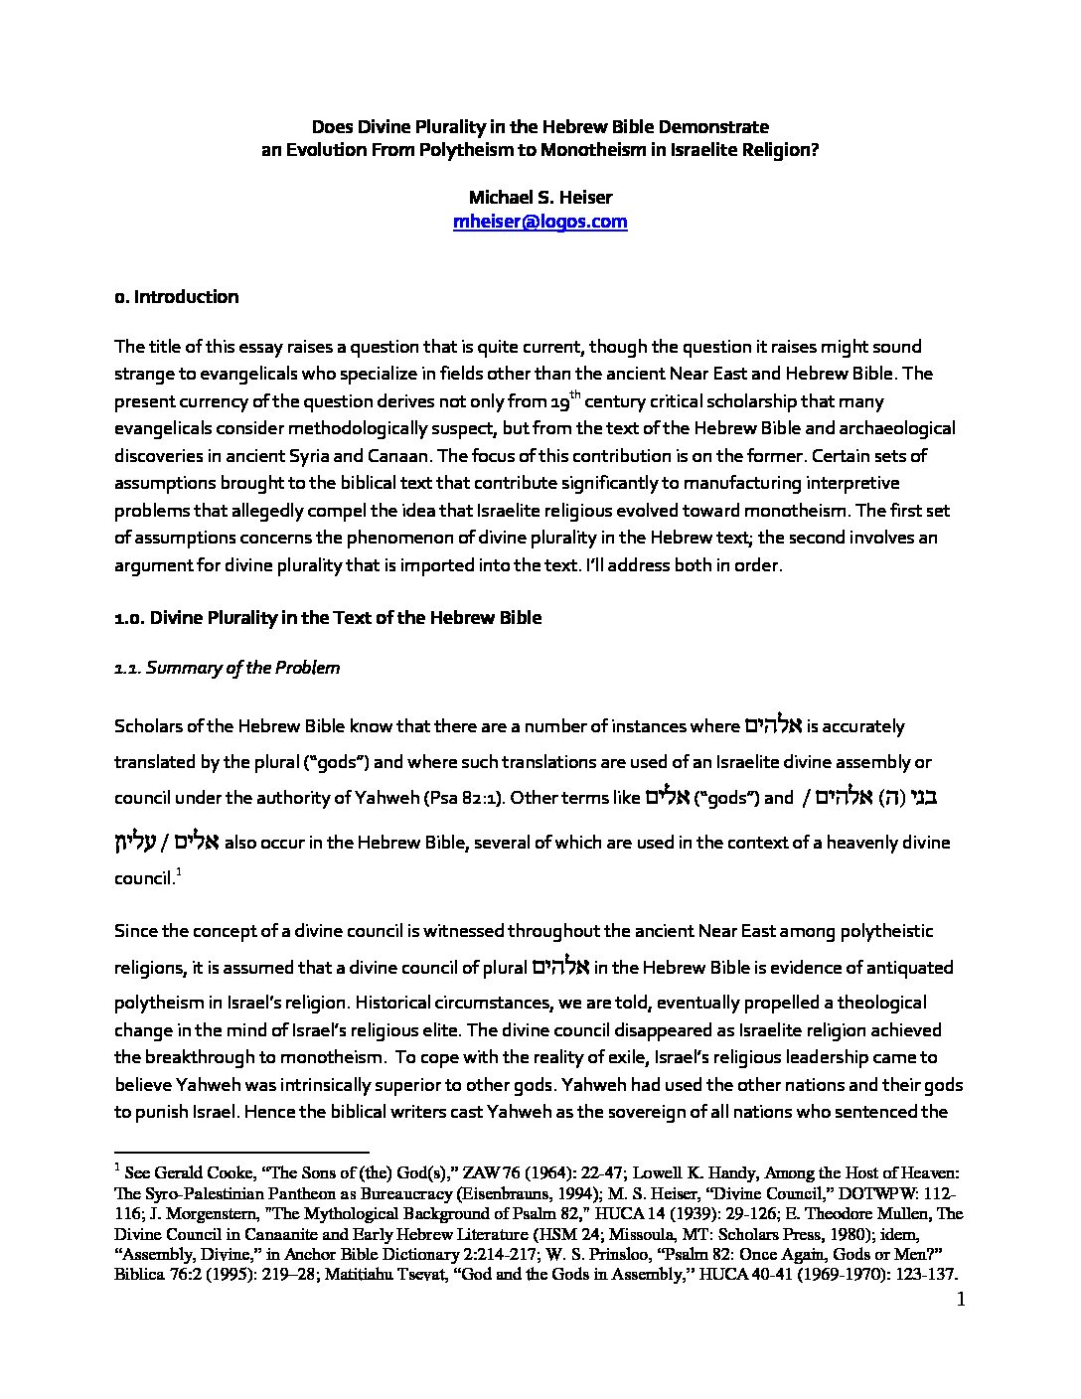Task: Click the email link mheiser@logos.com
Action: point(540,222)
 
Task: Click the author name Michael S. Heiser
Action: point(540,197)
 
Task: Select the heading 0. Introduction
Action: point(177,297)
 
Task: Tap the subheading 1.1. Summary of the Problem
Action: point(228,668)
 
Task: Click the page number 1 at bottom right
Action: point(960,1300)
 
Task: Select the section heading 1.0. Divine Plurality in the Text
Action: point(328,618)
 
